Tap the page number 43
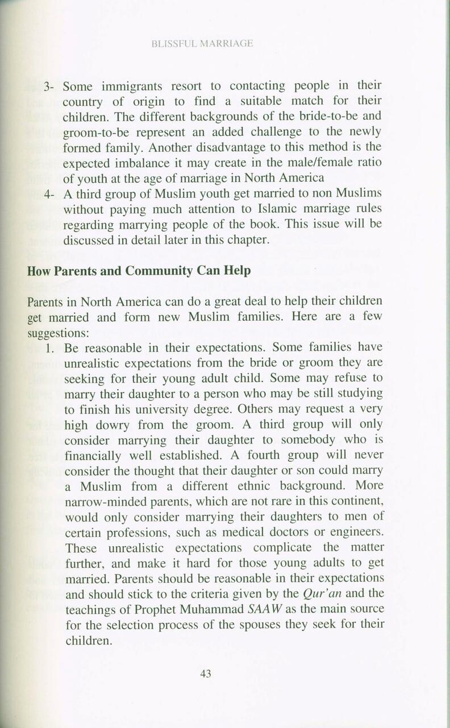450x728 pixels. [x=206, y=674]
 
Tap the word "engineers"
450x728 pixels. [x=353, y=532]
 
